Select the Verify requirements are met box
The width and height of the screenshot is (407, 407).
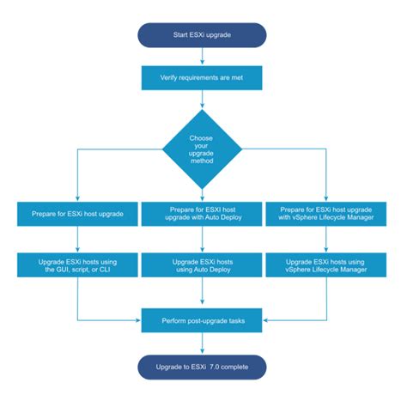pyautogui.click(x=203, y=77)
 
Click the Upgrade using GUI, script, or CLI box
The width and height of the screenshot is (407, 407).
pyautogui.click(x=78, y=264)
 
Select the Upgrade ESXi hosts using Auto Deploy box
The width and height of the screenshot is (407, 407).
pyautogui.click(x=203, y=264)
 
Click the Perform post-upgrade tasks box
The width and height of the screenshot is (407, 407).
pyautogui.click(x=203, y=321)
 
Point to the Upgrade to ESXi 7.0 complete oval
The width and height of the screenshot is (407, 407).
pyautogui.click(x=203, y=367)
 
